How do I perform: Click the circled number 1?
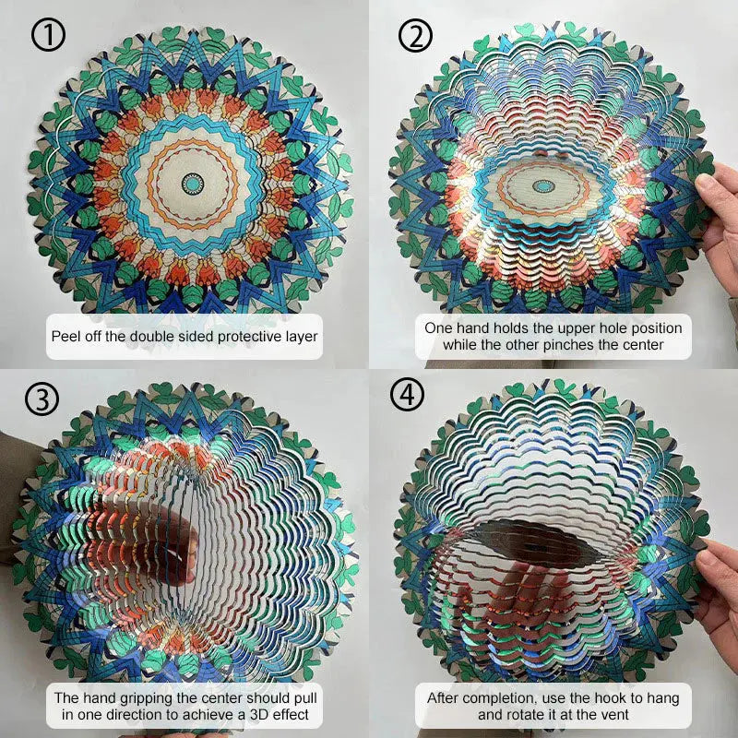click(48, 34)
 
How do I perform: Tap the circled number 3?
click(42, 399)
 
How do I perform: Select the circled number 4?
click(408, 394)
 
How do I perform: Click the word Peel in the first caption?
click(64, 337)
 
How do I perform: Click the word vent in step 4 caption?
click(615, 715)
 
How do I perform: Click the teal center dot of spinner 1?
click(193, 184)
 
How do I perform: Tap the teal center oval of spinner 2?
click(543, 186)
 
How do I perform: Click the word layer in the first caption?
click(303, 337)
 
